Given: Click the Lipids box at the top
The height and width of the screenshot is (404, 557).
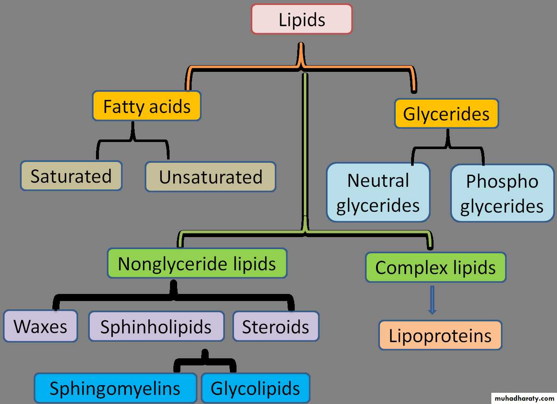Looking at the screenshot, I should tap(302, 20).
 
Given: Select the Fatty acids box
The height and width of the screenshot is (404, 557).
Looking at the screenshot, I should tap(147, 106).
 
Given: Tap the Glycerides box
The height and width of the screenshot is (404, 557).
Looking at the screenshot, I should tap(446, 114).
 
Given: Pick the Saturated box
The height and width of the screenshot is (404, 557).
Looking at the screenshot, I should tap(71, 176).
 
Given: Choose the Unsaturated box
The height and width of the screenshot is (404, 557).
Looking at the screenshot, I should tap(210, 177).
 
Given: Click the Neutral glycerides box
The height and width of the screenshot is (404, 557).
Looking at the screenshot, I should tap(378, 193).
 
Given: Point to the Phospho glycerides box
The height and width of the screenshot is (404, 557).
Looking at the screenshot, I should tap(502, 193).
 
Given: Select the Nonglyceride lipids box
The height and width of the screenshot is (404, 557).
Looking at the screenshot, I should tap(197, 264).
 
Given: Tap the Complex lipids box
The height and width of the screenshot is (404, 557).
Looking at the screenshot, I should tap(436, 268).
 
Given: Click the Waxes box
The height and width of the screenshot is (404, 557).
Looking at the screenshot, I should tap(40, 326).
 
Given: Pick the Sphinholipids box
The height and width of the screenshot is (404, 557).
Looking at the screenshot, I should tap(156, 327).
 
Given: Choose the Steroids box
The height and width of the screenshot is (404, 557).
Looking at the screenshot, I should tap(276, 327).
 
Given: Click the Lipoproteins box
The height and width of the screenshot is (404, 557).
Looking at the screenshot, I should tap(440, 335).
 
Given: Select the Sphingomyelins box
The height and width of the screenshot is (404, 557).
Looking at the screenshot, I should tap(115, 388).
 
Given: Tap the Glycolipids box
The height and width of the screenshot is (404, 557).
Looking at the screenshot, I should tap(255, 388).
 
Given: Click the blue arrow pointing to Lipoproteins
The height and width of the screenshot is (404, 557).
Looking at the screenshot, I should tap(432, 300).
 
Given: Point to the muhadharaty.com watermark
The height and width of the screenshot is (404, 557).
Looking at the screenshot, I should tap(525, 398).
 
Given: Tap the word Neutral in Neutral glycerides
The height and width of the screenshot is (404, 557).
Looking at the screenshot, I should tap(378, 181).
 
